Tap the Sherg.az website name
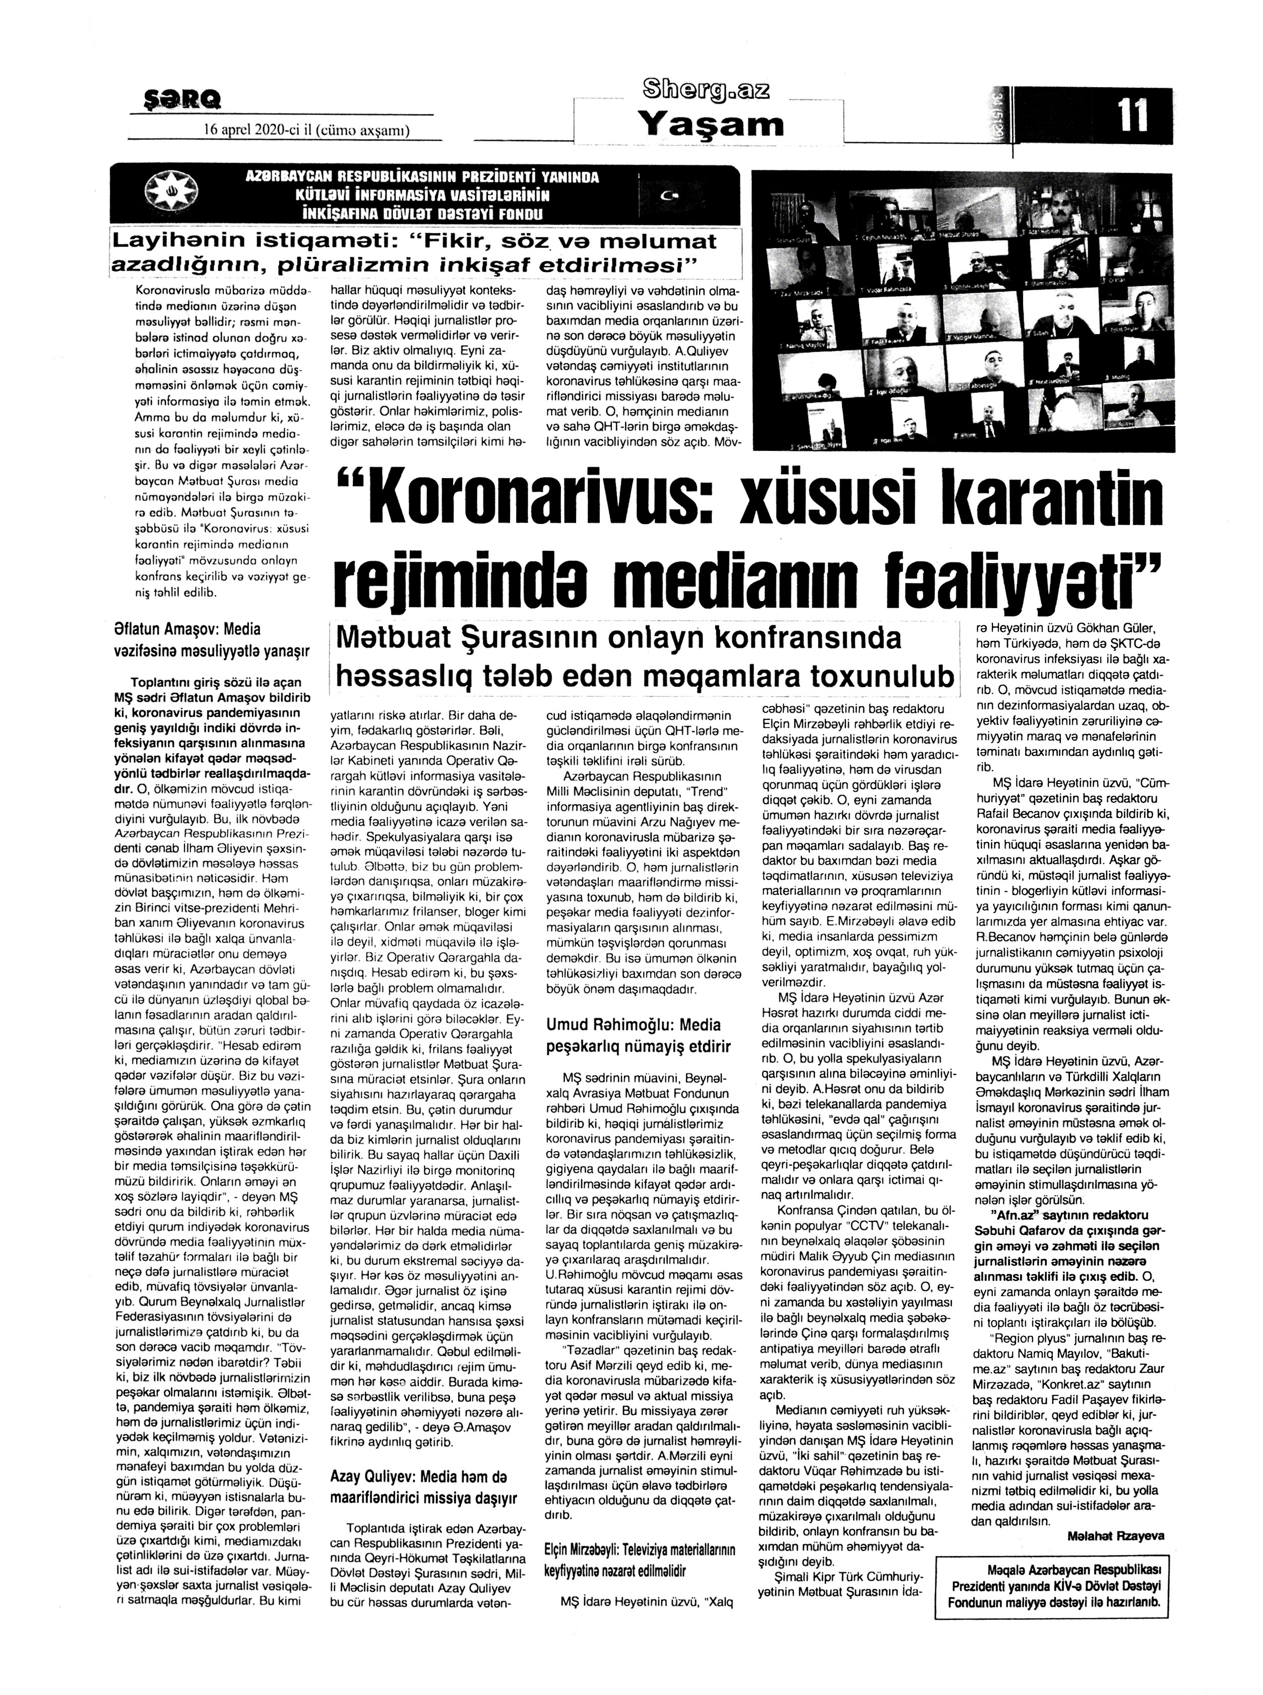[707, 90]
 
